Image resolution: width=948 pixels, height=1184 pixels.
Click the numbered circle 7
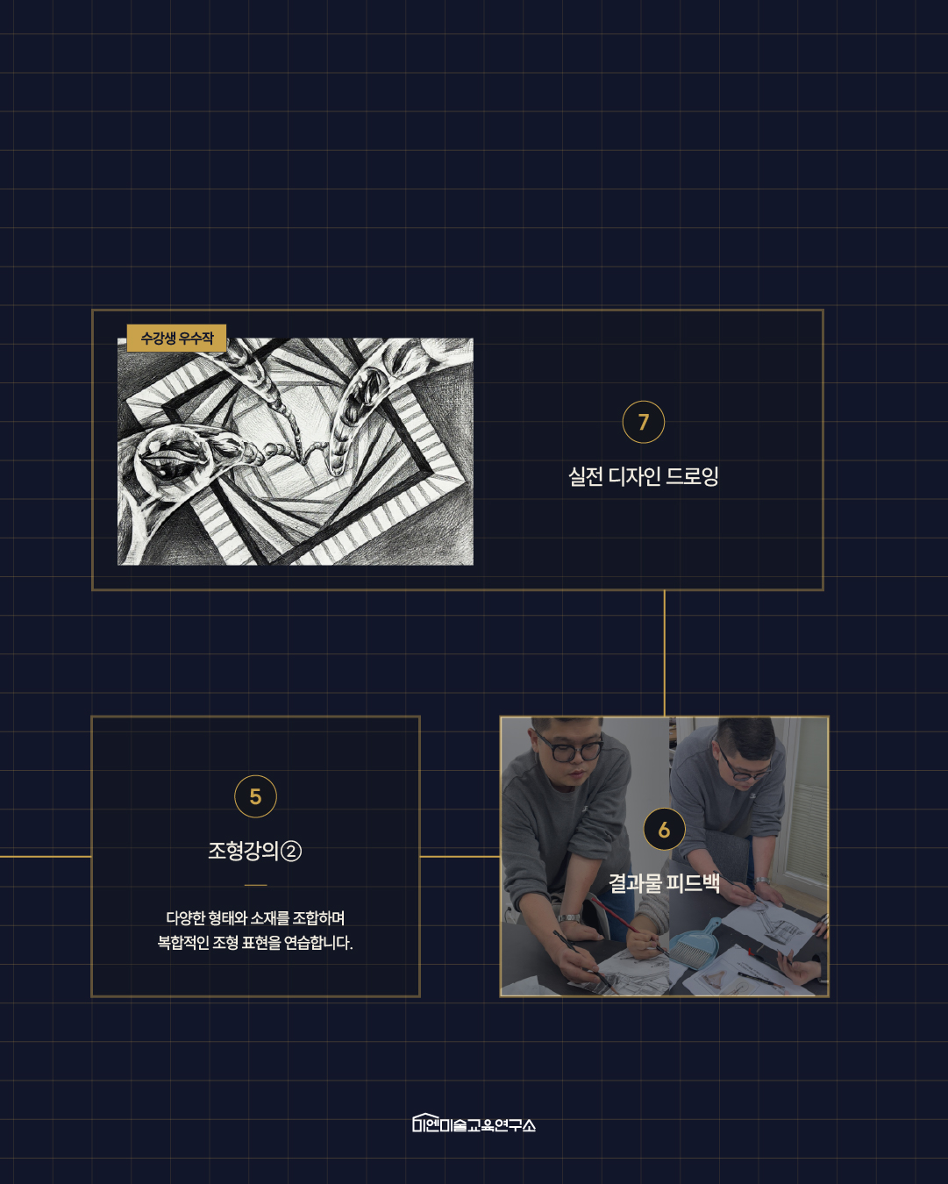pyautogui.click(x=643, y=422)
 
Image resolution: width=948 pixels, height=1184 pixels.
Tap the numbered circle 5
pyautogui.click(x=255, y=796)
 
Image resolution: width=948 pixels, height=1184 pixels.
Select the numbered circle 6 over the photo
pyautogui.click(x=664, y=829)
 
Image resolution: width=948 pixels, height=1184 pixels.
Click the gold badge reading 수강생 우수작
pyautogui.click(x=176, y=338)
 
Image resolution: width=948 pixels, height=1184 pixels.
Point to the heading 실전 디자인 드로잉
pyautogui.click(x=643, y=476)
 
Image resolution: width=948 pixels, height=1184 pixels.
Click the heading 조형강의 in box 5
pyautogui.click(x=243, y=851)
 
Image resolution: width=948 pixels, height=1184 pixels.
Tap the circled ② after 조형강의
pyautogui.click(x=291, y=852)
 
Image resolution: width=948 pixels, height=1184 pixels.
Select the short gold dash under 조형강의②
pyautogui.click(x=255, y=885)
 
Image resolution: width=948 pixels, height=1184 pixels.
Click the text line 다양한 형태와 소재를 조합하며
pyautogui.click(x=255, y=917)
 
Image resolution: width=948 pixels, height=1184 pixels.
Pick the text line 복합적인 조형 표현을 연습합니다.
pyautogui.click(x=255, y=943)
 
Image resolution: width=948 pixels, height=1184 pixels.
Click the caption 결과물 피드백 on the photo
pyautogui.click(x=664, y=883)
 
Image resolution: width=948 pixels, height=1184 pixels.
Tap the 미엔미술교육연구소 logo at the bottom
pyautogui.click(x=474, y=1123)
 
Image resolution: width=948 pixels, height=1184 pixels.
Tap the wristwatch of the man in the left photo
pyautogui.click(x=569, y=917)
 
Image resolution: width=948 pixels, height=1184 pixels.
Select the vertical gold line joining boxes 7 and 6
pyautogui.click(x=664, y=653)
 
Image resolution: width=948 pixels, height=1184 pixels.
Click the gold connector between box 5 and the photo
pyautogui.click(x=460, y=857)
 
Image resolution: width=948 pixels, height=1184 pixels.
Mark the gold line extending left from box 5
pyautogui.click(x=46, y=857)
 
